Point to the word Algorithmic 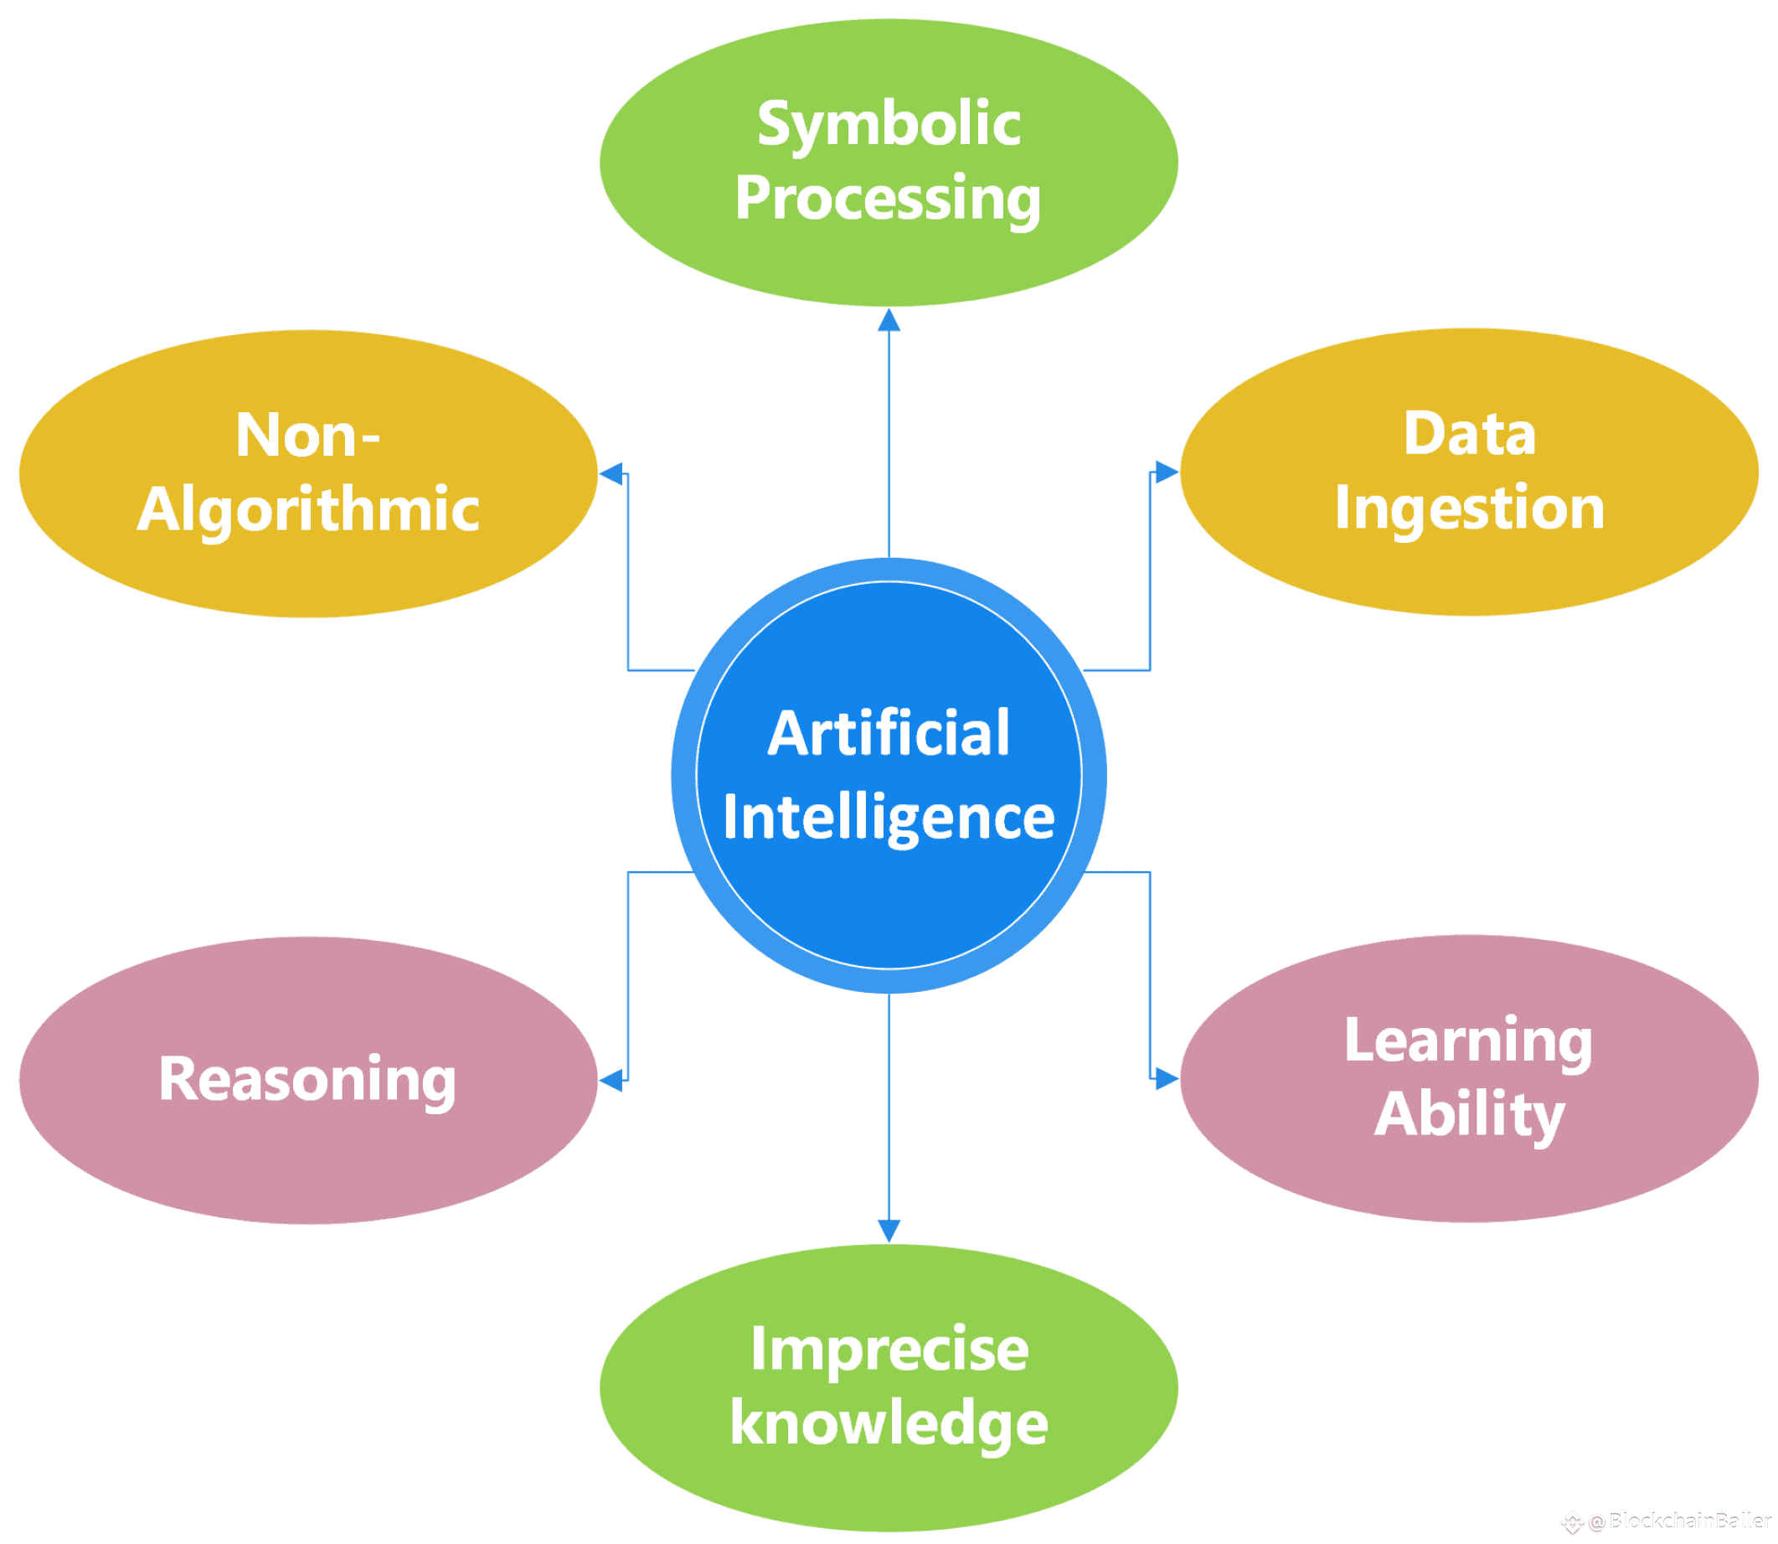click(x=307, y=509)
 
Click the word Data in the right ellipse click(x=1469, y=433)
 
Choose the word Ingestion click(x=1469, y=508)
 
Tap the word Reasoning click(x=307, y=1080)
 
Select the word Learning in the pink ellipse click(x=1469, y=1041)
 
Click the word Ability click(x=1469, y=1115)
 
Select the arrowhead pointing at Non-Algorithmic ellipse click(x=611, y=473)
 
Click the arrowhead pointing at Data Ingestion click(x=1167, y=472)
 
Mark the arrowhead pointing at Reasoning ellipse click(x=611, y=1080)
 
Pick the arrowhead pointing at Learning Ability click(x=1167, y=1078)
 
